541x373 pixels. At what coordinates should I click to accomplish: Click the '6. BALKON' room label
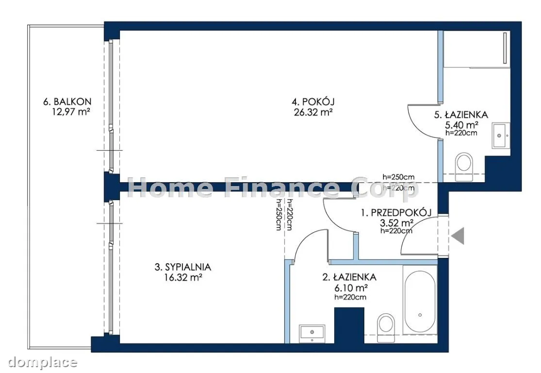(x=67, y=102)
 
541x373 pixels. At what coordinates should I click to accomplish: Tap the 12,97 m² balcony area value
(x=71, y=112)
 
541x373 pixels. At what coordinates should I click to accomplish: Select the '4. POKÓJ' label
(x=313, y=102)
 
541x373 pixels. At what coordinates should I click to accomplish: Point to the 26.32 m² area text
(x=313, y=112)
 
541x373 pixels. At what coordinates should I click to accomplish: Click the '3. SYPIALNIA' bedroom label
(x=183, y=267)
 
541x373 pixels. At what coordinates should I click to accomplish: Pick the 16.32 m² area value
(x=183, y=277)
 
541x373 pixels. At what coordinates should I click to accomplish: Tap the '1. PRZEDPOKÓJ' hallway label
(x=396, y=213)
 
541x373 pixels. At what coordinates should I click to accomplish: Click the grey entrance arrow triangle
(x=458, y=236)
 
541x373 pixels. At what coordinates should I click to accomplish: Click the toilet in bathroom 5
(x=463, y=167)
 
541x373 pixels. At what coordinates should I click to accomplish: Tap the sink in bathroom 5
(x=501, y=136)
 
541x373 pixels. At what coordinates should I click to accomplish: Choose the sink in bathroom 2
(x=312, y=334)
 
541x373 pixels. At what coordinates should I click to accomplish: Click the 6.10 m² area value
(x=350, y=288)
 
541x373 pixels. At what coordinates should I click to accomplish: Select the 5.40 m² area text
(x=461, y=125)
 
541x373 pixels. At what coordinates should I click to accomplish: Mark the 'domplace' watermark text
(x=42, y=362)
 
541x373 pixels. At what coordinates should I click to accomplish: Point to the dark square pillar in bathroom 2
(x=349, y=325)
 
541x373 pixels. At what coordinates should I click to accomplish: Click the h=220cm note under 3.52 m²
(x=396, y=231)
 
